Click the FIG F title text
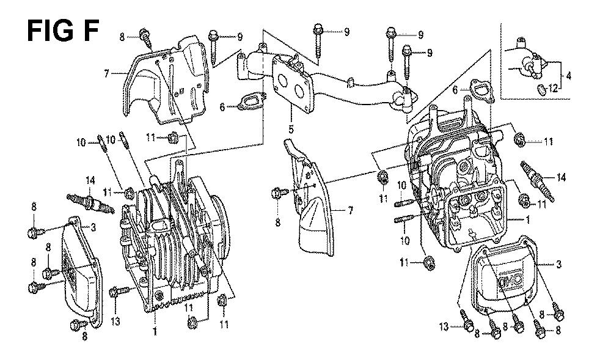(62, 31)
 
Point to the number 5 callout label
(291, 129)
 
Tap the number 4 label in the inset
(568, 76)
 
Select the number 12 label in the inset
(554, 89)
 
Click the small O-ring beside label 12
(542, 89)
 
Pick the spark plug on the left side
(90, 202)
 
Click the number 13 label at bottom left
(115, 321)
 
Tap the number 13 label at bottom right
(444, 326)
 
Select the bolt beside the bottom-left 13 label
(120, 291)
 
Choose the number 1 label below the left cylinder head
(155, 332)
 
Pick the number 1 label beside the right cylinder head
(528, 220)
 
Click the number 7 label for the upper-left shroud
(106, 73)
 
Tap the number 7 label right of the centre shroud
(350, 211)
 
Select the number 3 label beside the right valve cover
(559, 265)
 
